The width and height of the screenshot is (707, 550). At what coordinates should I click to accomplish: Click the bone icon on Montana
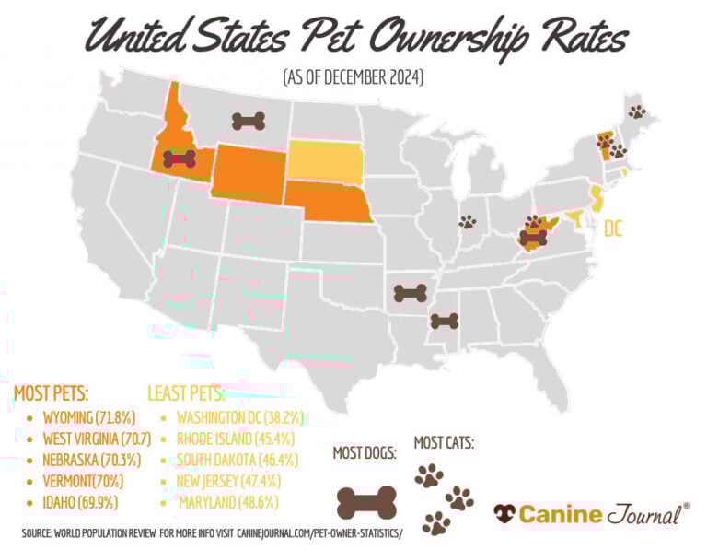coord(248,121)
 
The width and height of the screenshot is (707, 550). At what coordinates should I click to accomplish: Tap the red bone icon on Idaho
coord(180,158)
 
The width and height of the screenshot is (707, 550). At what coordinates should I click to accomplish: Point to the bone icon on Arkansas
coord(410,294)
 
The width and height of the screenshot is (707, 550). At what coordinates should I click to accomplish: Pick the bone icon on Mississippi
coord(444,322)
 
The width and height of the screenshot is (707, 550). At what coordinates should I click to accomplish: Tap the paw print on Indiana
coord(468,222)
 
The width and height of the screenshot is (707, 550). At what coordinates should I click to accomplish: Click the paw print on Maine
coord(637,111)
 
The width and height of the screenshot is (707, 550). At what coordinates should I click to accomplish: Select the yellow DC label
coord(613,228)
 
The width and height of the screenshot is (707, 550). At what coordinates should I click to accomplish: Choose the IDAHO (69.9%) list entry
coord(70,502)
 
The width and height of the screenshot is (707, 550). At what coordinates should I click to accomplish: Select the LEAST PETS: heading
coord(186,393)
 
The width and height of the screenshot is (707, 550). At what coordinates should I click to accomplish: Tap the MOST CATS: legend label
coord(444,443)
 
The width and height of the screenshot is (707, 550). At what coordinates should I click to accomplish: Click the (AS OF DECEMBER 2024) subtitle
coord(353,78)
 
